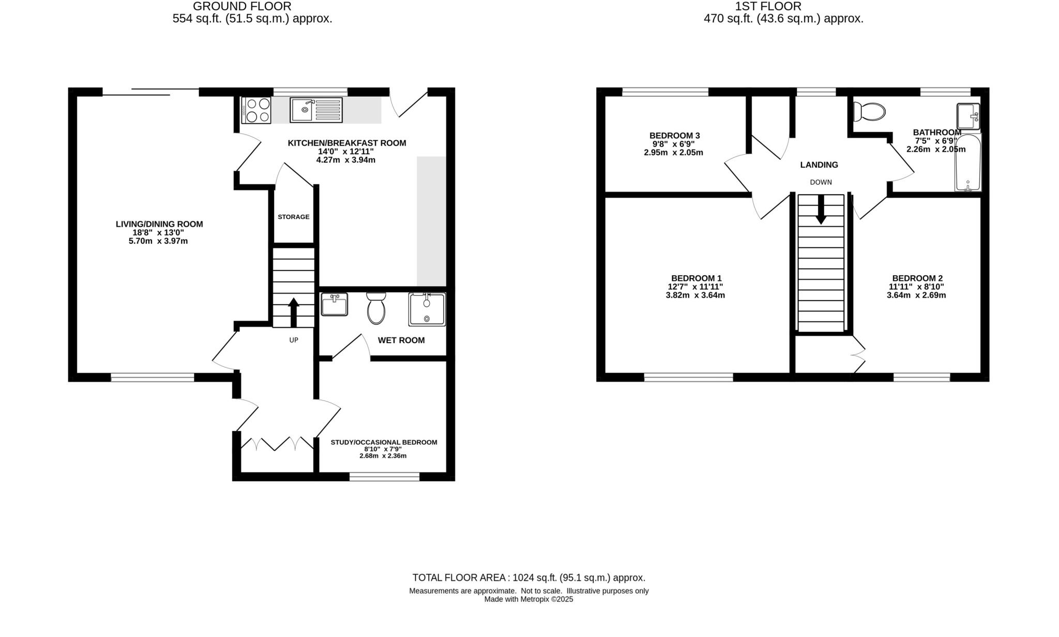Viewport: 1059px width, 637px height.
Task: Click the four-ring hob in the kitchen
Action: tap(256, 110)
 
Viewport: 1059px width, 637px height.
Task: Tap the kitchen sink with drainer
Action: tap(316, 110)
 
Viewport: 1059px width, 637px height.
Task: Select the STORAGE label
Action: tap(293, 217)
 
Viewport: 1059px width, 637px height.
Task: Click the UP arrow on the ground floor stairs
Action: tap(294, 312)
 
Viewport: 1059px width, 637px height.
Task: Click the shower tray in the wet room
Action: tap(427, 309)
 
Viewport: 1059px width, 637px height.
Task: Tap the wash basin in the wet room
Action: tap(334, 304)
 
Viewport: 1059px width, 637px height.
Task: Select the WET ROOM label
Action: tap(401, 340)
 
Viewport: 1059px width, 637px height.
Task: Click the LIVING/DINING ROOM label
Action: tap(159, 224)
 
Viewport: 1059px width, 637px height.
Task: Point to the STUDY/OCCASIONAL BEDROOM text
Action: tap(384, 442)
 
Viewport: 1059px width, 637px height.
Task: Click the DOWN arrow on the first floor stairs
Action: tap(821, 210)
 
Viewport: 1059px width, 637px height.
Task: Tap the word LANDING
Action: tap(819, 165)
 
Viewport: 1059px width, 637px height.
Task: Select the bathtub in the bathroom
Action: tap(967, 163)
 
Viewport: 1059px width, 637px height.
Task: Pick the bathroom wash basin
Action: tap(967, 116)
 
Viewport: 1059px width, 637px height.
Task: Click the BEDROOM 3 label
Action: tap(674, 136)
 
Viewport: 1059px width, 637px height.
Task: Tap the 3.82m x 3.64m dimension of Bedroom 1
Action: tap(695, 295)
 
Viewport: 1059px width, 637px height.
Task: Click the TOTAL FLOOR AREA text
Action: tap(528, 577)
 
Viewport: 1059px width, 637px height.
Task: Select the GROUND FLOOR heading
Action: tap(242, 7)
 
